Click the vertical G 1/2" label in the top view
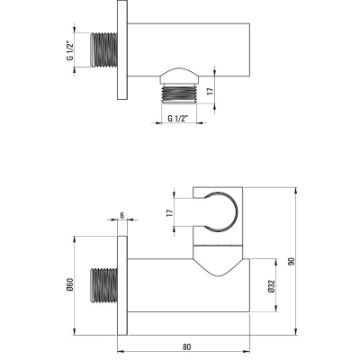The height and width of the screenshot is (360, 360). pos(70,49)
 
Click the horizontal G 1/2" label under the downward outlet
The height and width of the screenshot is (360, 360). pos(178,119)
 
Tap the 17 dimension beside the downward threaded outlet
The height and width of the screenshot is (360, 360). pos(211,91)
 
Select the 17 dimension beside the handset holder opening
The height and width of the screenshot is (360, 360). pos(170,213)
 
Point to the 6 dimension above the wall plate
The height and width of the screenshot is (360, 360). pos(122,215)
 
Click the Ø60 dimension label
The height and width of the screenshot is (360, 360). pos(70,284)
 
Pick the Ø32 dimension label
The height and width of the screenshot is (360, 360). pos(272,286)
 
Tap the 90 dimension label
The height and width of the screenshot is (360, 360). pos(292,261)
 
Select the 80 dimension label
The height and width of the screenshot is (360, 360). pos(186,346)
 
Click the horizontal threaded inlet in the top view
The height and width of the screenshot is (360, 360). pos(103,49)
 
